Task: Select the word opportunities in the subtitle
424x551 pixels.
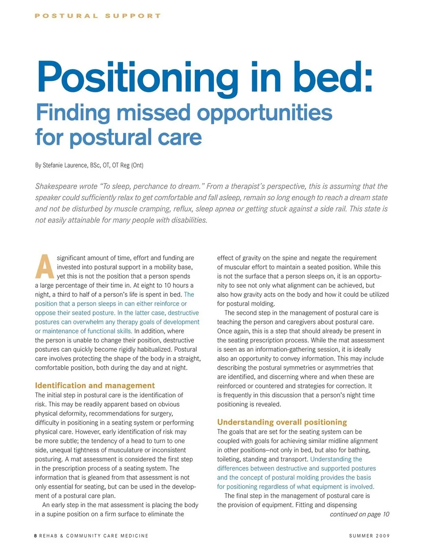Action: coord(265,113)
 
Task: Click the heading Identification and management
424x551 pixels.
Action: coord(95,385)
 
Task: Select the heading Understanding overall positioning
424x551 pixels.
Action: coord(282,422)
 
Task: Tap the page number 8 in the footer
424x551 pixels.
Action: coord(36,536)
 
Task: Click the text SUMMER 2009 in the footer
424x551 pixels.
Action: coord(369,536)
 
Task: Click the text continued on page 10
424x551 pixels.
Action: coord(360,514)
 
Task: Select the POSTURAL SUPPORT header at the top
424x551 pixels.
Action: coord(98,16)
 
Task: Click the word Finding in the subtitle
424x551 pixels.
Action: coord(73,113)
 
